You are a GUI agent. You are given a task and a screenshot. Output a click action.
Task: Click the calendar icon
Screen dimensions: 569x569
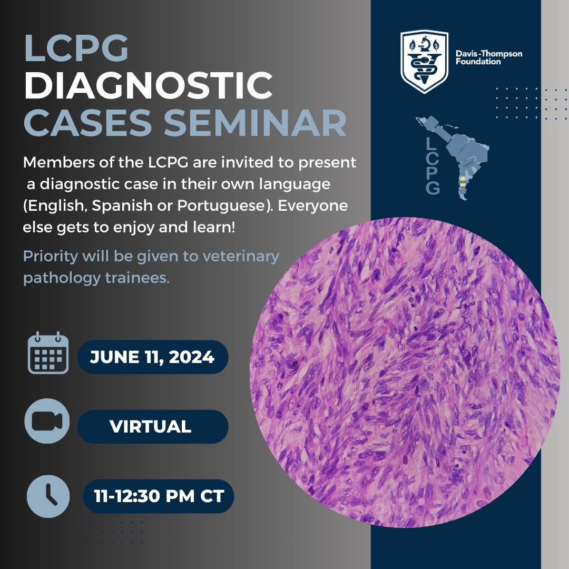tap(48, 352)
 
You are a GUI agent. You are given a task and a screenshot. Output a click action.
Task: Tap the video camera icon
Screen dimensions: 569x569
tap(47, 421)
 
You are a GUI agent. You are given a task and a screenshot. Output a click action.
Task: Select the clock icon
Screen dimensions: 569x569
tap(48, 496)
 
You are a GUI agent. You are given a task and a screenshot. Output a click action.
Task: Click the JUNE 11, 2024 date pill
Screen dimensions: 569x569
tap(153, 357)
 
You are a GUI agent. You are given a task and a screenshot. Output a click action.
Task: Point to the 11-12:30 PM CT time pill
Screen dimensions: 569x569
tap(159, 496)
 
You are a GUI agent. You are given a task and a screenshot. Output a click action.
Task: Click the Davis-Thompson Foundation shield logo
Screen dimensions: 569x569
tap(424, 61)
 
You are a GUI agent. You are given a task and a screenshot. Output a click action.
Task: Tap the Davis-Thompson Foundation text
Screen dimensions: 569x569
tap(489, 58)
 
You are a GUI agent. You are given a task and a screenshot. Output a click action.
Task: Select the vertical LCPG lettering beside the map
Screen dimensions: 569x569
tap(433, 166)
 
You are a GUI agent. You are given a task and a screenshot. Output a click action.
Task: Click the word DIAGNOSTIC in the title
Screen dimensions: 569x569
tap(148, 86)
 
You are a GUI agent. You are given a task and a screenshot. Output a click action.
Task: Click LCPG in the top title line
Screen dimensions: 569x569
tap(76, 48)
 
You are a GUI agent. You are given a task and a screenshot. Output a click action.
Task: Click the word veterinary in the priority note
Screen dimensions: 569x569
tap(241, 257)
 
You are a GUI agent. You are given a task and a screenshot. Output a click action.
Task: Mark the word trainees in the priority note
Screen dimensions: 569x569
tap(137, 278)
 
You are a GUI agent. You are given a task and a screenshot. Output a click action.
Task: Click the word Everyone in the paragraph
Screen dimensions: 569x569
tap(313, 206)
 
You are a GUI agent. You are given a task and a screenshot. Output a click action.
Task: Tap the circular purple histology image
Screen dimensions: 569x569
tap(405, 372)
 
